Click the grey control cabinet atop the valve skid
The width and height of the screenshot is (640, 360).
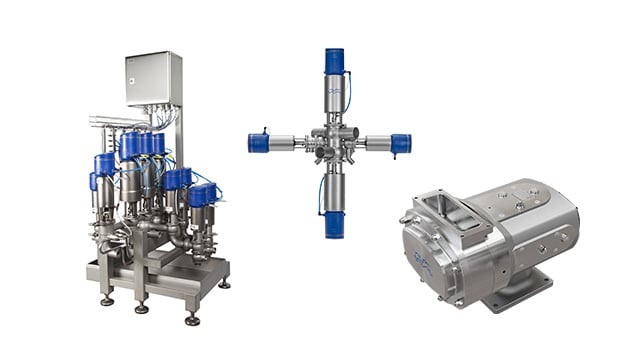click(153, 78)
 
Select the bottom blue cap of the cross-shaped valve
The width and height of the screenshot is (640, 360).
click(334, 224)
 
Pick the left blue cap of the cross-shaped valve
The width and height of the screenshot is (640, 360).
click(259, 143)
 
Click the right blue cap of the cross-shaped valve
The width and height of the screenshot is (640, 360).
click(401, 143)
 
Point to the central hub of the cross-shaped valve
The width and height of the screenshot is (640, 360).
click(333, 144)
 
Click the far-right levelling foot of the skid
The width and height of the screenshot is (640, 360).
click(225, 284)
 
